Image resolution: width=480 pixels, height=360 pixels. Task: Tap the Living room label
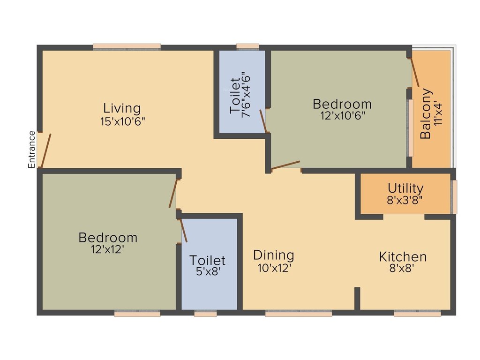(122, 108)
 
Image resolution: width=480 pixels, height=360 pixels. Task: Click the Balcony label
(426, 113)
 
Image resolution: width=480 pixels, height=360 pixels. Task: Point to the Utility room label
(405, 188)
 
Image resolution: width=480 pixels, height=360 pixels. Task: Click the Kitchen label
(403, 257)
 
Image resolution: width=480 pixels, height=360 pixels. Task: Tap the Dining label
(274, 255)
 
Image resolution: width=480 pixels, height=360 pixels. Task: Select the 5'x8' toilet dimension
(208, 271)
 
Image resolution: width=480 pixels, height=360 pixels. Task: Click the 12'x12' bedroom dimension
(108, 249)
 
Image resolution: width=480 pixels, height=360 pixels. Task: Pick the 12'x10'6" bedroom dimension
(342, 115)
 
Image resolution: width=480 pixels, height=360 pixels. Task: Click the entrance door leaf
(45, 150)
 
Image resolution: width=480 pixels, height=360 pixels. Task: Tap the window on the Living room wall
(127, 46)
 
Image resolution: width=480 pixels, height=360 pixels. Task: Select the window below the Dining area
(299, 314)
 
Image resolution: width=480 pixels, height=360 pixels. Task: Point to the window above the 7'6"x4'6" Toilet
(247, 46)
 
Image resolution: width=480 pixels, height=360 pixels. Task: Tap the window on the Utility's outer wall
(454, 197)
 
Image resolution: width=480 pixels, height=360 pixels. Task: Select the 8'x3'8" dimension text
(405, 200)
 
